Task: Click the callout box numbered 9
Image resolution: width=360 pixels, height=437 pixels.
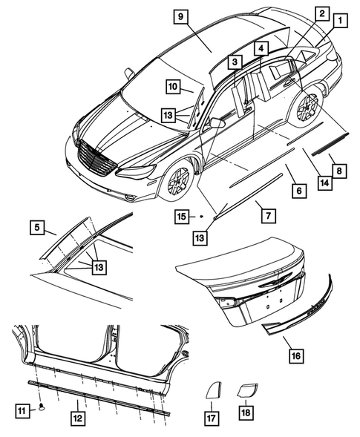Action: pyautogui.click(x=182, y=16)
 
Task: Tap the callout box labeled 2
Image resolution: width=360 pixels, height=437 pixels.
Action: pyautogui.click(x=321, y=13)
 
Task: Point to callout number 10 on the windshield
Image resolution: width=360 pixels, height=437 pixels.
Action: pyautogui.click(x=171, y=87)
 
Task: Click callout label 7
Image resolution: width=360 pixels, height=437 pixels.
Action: pyautogui.click(x=268, y=214)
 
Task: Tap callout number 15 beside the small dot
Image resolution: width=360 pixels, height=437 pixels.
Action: pyautogui.click(x=182, y=216)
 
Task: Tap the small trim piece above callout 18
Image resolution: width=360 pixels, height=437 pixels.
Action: pyautogui.click(x=246, y=390)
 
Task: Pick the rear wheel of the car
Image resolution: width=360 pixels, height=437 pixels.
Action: pyautogui.click(x=306, y=108)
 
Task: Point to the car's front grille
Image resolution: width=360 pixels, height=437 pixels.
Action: pyautogui.click(x=96, y=157)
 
